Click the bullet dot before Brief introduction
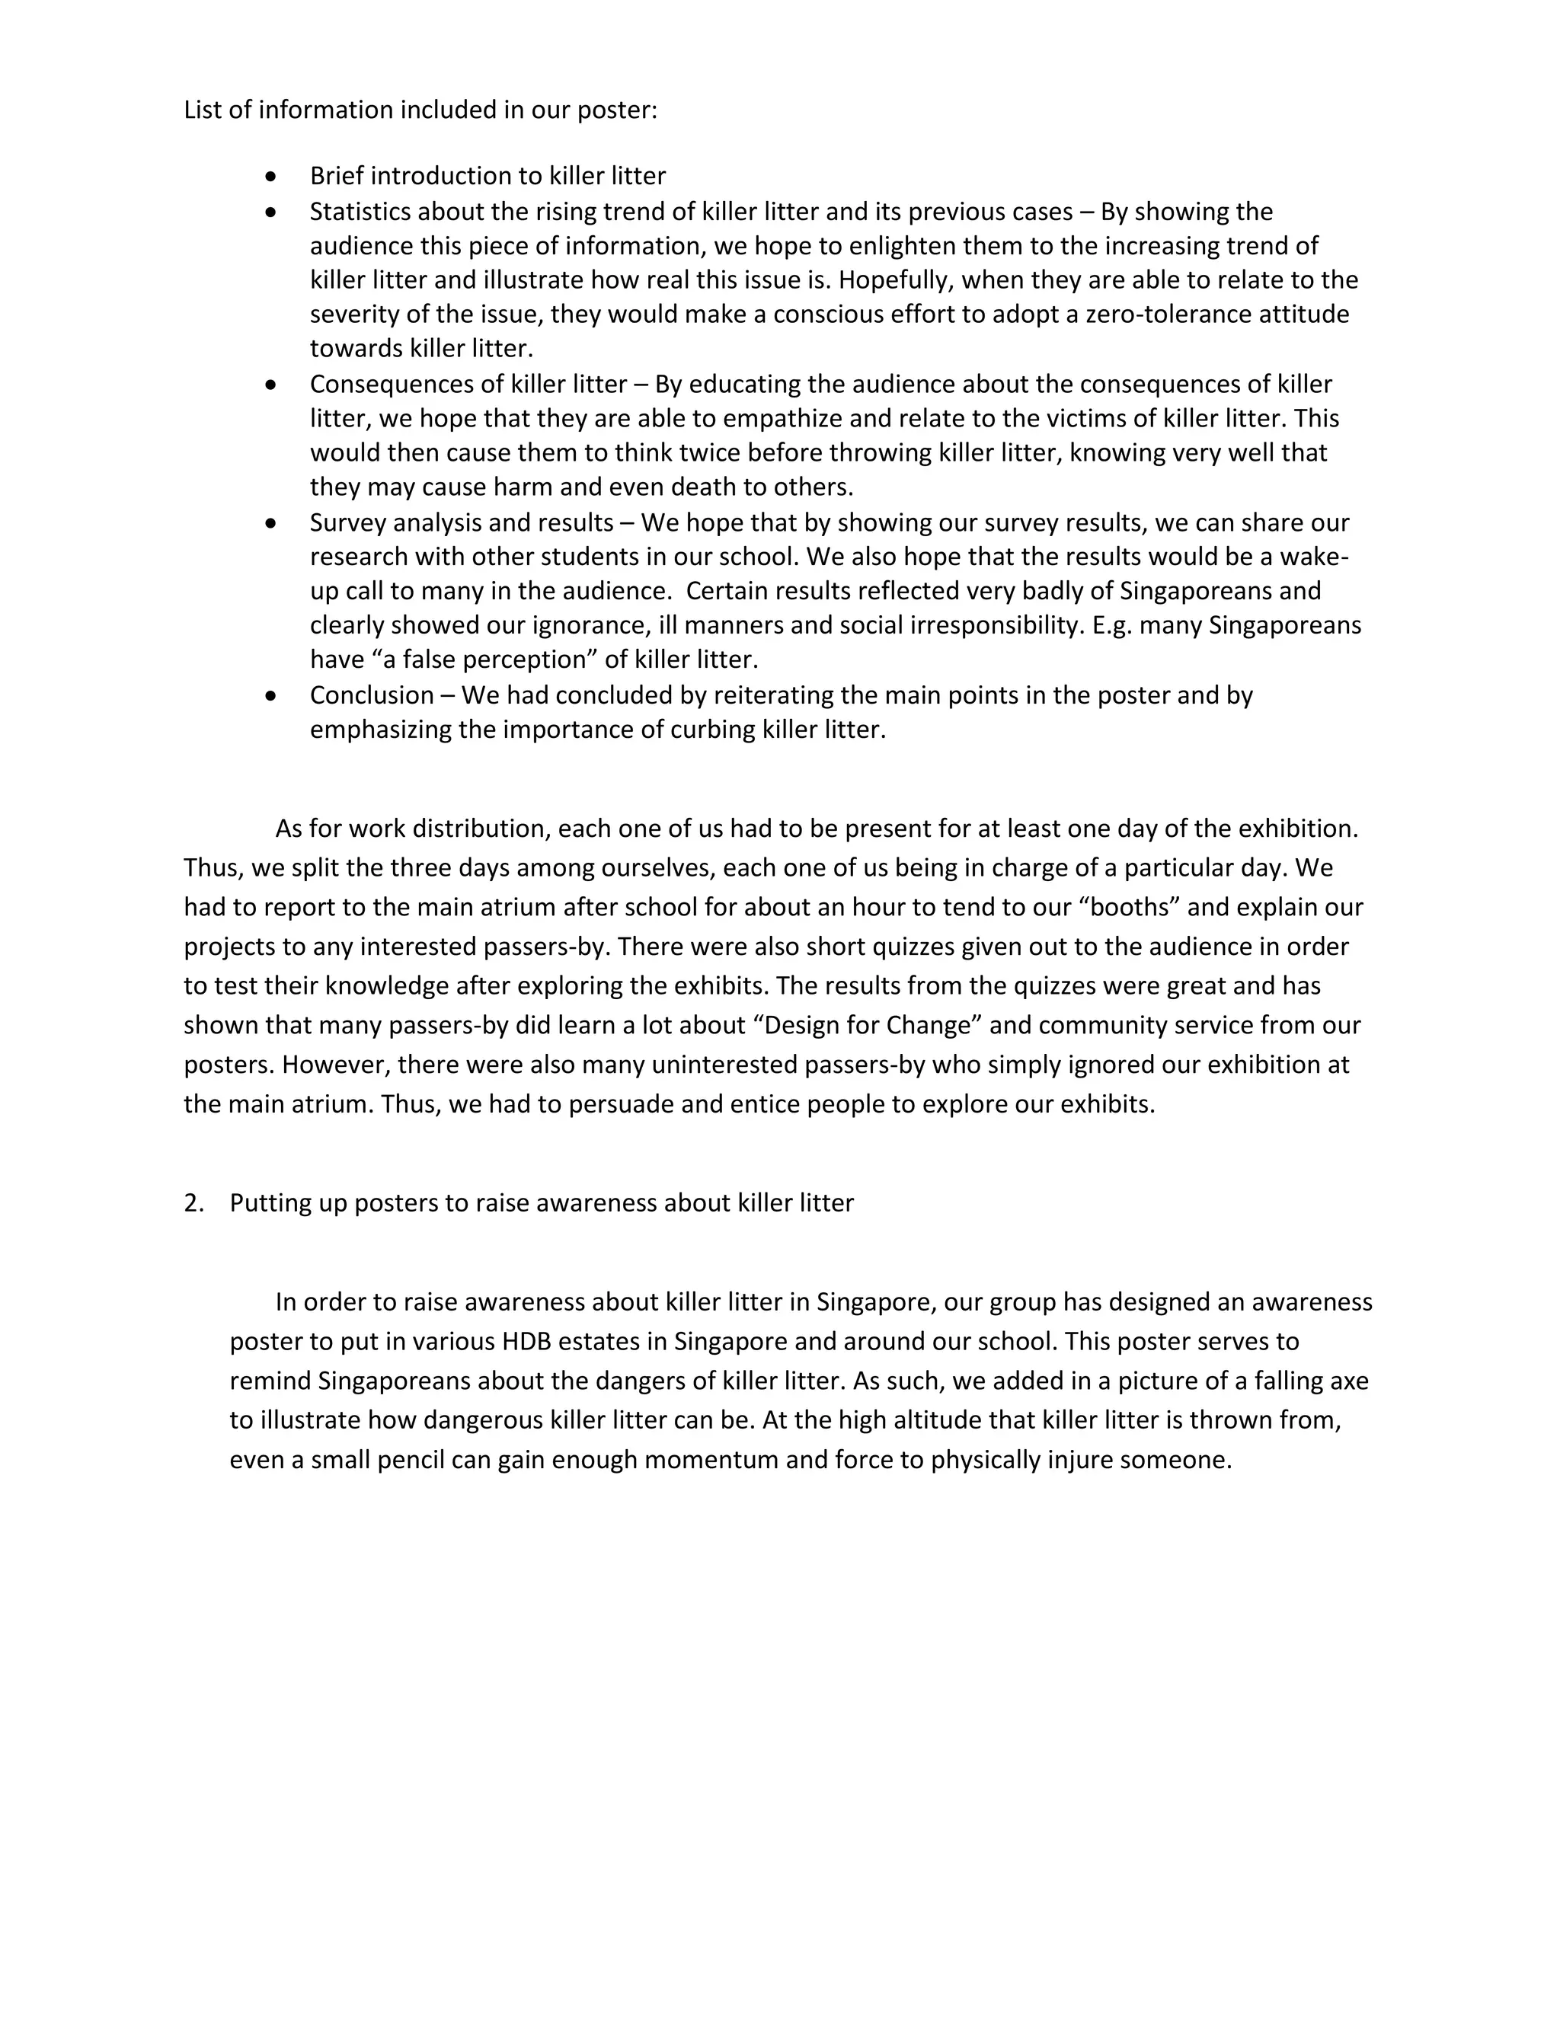[270, 176]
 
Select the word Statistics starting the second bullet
[360, 212]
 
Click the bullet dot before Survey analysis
[270, 523]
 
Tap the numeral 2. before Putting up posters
[193, 1203]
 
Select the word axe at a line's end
[1348, 1381]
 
